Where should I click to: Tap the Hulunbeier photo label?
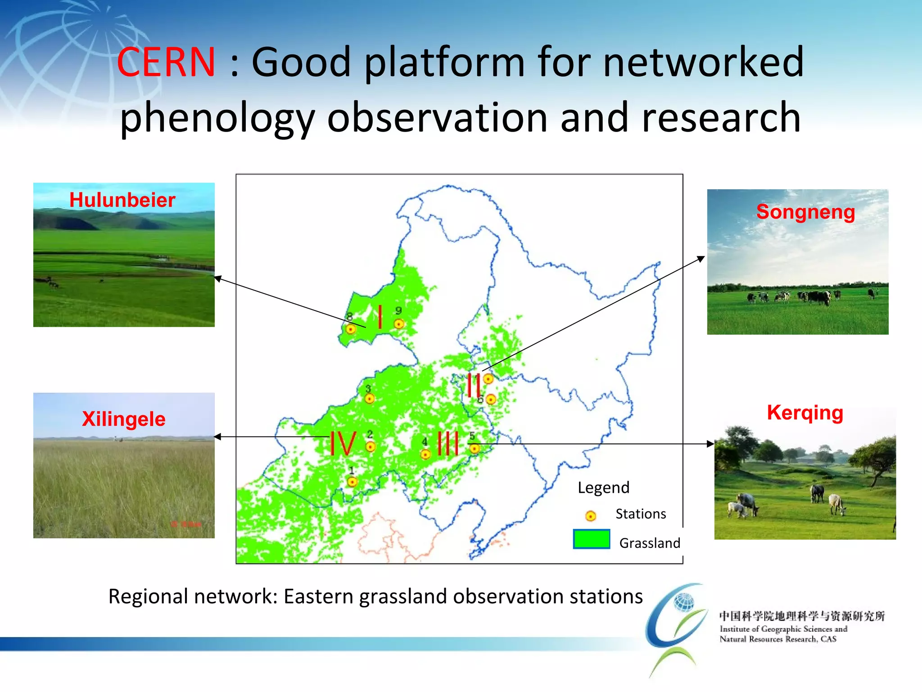pos(122,200)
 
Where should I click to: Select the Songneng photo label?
pos(805,212)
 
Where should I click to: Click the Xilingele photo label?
pos(124,419)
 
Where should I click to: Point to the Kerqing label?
pos(805,413)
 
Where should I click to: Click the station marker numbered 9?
pos(399,324)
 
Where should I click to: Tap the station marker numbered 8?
pos(351,329)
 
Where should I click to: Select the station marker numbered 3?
pos(370,399)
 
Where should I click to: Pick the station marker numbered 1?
pos(353,482)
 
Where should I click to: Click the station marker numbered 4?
pos(425,454)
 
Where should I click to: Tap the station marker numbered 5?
pos(475,448)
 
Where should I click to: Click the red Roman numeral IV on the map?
pos(343,444)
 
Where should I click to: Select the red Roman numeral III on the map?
pos(448,443)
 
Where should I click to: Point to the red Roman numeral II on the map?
pos(474,385)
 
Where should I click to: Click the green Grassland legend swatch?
pos(591,539)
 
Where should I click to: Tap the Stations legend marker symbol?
pos(591,516)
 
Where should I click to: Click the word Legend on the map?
pos(603,487)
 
